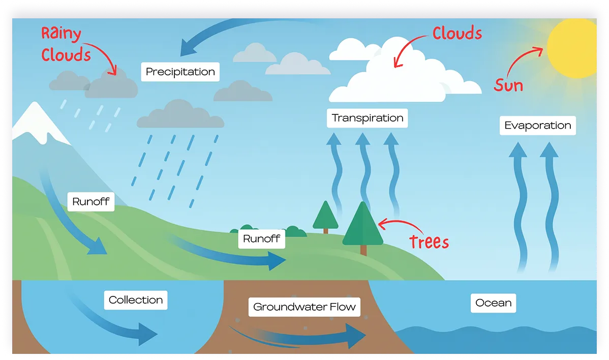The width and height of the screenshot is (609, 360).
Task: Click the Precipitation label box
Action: click(180, 72)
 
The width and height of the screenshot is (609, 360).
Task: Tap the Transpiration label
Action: click(367, 118)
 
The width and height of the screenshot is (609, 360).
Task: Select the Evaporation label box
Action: click(537, 125)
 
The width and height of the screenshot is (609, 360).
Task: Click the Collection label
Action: click(136, 300)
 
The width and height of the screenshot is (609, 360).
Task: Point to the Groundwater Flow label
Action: click(304, 307)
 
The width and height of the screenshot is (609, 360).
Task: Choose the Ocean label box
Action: click(493, 303)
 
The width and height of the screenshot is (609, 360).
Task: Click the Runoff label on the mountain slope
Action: click(90, 201)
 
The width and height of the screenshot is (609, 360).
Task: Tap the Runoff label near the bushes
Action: click(261, 238)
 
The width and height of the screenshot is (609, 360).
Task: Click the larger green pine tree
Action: click(362, 225)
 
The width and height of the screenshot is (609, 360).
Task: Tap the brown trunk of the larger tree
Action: click(363, 250)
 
